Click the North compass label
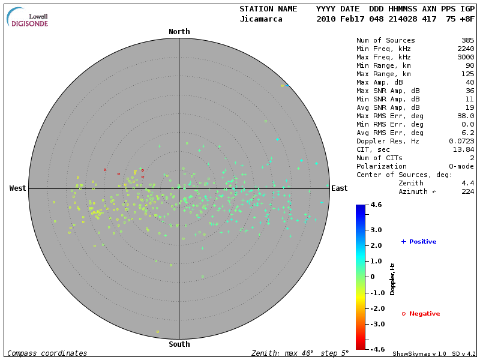click(179, 32)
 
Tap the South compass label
click(179, 344)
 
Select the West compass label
click(17, 188)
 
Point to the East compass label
click(339, 188)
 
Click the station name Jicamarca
click(261, 19)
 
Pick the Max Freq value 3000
click(465, 58)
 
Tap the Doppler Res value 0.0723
click(461, 141)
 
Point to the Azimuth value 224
click(467, 191)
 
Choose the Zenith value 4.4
click(467, 183)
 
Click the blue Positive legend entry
click(419, 242)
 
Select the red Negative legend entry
click(421, 314)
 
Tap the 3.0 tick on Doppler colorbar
click(376, 230)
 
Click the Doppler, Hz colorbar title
click(392, 279)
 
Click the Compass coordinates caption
click(47, 353)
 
